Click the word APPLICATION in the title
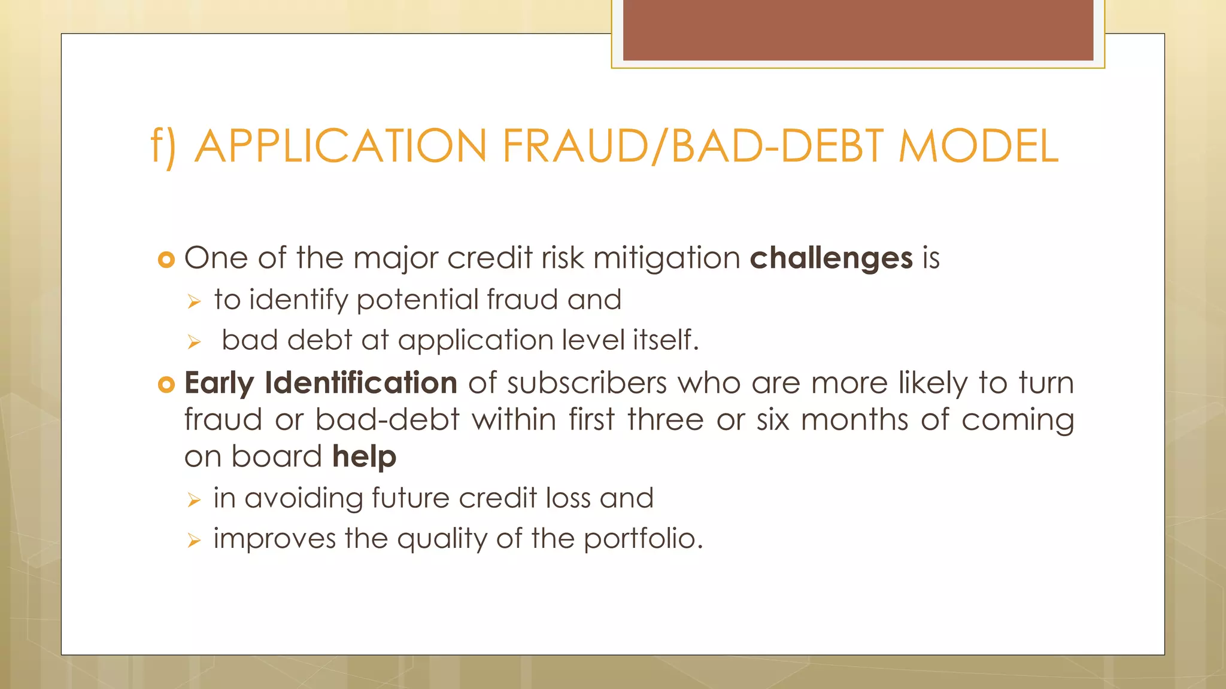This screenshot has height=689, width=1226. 341,146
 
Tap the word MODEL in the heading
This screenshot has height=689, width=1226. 978,146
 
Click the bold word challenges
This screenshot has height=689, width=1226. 831,258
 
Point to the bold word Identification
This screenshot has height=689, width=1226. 361,383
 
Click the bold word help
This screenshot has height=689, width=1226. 364,457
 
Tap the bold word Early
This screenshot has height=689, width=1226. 219,383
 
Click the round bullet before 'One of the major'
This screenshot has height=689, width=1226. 166,260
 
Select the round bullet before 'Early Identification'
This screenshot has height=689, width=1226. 166,384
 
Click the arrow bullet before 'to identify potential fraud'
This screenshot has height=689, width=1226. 193,302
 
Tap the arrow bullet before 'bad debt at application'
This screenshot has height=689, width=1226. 193,342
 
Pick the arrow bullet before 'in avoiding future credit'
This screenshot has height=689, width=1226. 193,500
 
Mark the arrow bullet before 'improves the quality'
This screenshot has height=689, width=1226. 193,541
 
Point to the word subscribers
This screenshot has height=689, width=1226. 587,383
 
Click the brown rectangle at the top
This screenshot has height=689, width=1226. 858,30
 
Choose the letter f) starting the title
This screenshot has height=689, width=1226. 163,146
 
